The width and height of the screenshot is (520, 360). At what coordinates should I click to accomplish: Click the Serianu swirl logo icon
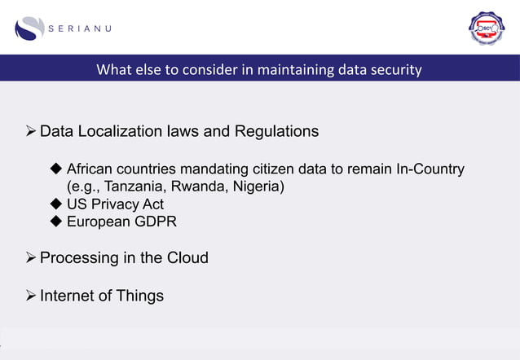tap(29, 28)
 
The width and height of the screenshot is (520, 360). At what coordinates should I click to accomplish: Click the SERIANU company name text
tap(79, 29)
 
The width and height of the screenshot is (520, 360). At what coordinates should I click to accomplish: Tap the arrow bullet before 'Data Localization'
tap(32, 131)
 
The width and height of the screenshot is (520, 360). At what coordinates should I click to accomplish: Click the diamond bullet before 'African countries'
tap(56, 169)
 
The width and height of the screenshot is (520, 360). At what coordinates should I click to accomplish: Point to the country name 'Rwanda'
tap(196, 187)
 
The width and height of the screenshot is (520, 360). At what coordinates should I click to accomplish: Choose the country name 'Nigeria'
tap(256, 187)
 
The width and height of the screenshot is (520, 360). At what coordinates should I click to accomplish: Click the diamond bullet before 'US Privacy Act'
tap(56, 204)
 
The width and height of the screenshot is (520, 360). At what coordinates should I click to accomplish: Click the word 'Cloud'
tap(187, 258)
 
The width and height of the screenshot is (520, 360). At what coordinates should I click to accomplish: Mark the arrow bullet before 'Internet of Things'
tap(32, 296)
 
